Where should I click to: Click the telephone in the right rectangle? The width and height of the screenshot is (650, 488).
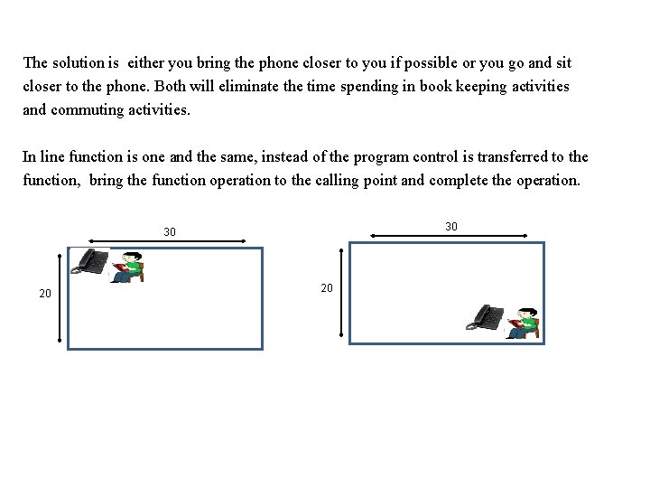(x=488, y=318)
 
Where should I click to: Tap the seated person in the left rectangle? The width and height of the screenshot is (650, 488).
(x=128, y=266)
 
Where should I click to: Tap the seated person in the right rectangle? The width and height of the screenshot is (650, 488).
(x=523, y=323)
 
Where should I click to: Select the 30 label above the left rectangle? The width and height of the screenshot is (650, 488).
(x=170, y=233)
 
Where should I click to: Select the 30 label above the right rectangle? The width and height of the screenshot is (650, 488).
(x=451, y=225)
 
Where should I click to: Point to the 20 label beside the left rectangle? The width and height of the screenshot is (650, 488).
(x=45, y=294)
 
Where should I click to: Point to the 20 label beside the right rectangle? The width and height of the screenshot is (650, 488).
(x=328, y=287)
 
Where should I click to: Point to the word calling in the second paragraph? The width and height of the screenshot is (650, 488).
(x=354, y=179)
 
